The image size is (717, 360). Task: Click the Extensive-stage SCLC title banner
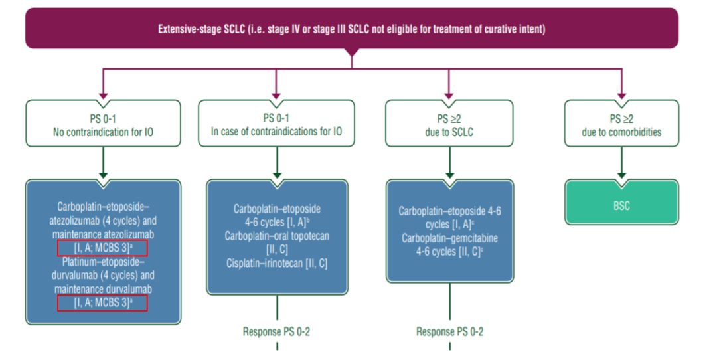[x=352, y=29]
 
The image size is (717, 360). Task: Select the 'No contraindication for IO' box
[x=103, y=124]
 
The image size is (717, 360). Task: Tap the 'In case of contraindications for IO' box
[x=277, y=124]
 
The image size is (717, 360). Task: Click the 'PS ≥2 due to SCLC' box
[x=450, y=124]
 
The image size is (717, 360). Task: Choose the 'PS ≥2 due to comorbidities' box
[x=621, y=124]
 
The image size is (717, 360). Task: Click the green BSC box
[x=621, y=205]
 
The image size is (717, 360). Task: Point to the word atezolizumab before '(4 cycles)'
[x=77, y=220]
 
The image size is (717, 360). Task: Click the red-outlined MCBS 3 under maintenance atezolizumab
[x=102, y=248]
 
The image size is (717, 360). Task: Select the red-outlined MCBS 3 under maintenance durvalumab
[x=102, y=303]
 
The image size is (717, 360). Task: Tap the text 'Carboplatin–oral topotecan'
[x=277, y=236]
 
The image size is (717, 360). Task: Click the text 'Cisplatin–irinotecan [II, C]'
[x=277, y=264]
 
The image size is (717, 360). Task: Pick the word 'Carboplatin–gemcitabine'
[x=450, y=238]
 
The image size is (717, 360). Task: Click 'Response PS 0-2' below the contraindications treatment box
[x=276, y=332]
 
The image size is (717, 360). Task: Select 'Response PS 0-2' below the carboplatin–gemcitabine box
[x=450, y=332]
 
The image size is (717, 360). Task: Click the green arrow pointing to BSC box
[x=621, y=174]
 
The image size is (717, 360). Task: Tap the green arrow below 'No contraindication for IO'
[x=103, y=174]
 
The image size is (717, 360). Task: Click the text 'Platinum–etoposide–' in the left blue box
[x=102, y=262]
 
